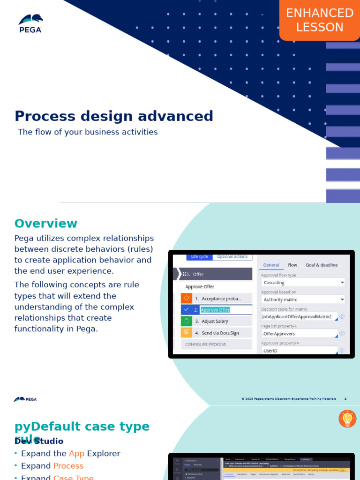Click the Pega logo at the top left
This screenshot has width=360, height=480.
[30, 23]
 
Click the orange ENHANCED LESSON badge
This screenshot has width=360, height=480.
[320, 20]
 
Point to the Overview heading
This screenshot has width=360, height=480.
[45, 224]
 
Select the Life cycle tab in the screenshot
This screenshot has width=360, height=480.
[199, 256]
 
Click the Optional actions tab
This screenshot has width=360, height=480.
[232, 256]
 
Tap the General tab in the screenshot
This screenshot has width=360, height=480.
[271, 265]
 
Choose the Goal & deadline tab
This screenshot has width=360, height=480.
[322, 265]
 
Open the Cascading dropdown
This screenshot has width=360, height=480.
[303, 283]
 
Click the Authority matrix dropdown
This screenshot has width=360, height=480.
[303, 300]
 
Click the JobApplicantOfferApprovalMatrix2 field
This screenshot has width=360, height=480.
[299, 317]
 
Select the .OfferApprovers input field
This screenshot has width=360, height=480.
[299, 334]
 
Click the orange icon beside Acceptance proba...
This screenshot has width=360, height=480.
[186, 298]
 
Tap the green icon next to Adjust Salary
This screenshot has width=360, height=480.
[186, 321]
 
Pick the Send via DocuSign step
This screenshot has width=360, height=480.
[220, 333]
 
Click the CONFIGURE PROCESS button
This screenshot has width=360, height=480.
[205, 344]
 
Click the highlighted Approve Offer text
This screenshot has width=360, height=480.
[215, 310]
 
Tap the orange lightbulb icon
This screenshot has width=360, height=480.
[347, 419]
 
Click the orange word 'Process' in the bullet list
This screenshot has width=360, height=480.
[68, 466]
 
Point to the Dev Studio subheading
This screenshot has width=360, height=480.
[39, 442]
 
